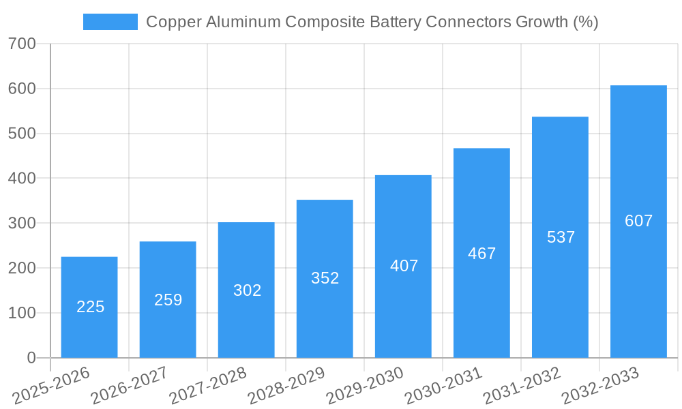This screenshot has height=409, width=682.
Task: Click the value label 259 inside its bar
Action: [168, 300]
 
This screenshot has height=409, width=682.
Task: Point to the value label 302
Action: [247, 290]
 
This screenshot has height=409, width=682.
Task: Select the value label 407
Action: [404, 266]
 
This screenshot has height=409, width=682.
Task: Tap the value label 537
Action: [561, 237]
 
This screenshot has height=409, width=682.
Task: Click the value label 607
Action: [638, 221]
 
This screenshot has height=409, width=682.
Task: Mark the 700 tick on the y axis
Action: [22, 44]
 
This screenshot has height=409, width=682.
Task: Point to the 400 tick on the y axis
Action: [22, 179]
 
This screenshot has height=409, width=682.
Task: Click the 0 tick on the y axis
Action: [31, 358]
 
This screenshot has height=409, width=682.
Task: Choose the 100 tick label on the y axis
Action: [22, 313]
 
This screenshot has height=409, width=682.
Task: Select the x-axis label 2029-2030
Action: [365, 386]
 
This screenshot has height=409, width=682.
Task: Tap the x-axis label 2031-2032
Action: [522, 386]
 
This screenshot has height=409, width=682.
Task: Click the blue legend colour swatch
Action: [110, 22]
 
